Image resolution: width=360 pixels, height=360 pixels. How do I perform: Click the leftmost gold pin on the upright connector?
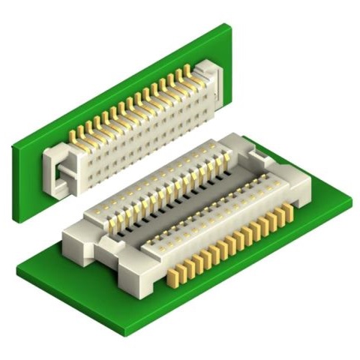(x=73, y=136)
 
